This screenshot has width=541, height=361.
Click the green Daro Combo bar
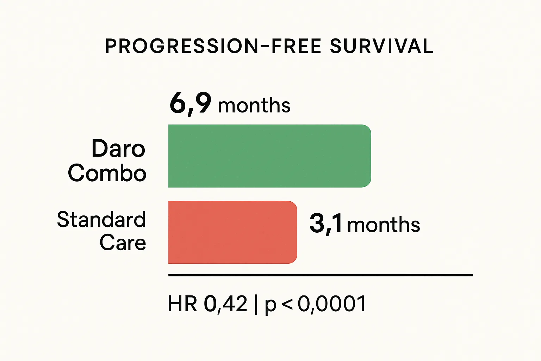coord(269,156)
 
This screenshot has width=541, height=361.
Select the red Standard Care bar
coord(232,232)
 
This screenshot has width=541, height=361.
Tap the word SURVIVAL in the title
coord(381,46)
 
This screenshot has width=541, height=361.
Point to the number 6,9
coord(190,103)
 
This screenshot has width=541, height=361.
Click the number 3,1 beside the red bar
coord(325,223)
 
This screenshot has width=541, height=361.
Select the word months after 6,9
coord(254,106)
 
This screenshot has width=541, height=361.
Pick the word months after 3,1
coord(384,225)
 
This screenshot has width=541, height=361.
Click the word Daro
coord(118,148)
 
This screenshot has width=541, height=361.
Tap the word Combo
coord(107,173)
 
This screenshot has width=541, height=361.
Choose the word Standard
coord(101,220)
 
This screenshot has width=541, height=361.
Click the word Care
coord(123,243)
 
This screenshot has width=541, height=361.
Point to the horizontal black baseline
coord(321,275)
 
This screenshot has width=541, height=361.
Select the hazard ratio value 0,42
coord(226,304)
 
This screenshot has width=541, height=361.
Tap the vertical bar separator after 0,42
coord(256,304)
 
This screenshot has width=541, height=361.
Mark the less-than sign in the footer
coord(287,304)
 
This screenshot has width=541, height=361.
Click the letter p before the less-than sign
coord(270,306)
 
